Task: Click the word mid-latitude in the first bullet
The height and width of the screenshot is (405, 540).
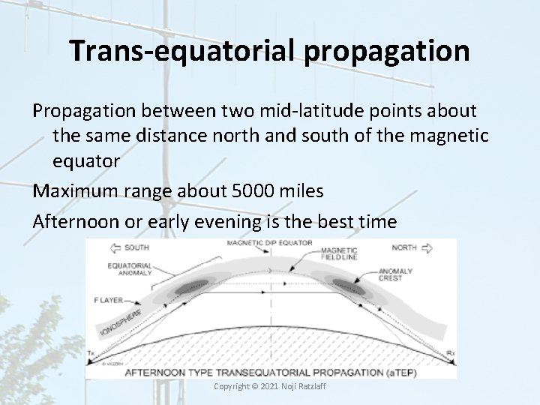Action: pyautogui.click(x=259, y=111)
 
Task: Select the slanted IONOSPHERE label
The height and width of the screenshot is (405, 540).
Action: pyautogui.click(x=122, y=320)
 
